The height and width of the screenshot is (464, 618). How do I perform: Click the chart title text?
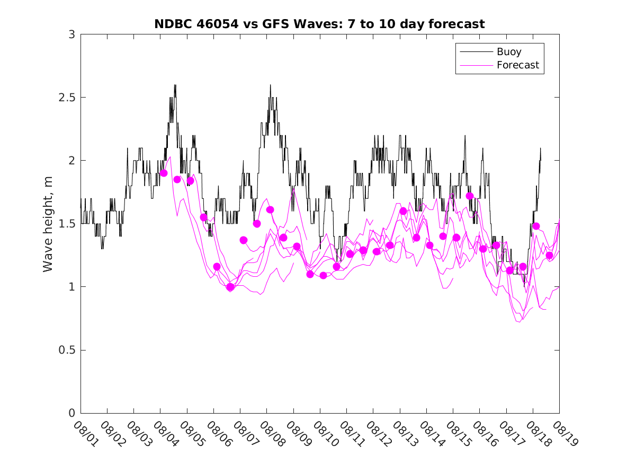(x=319, y=24)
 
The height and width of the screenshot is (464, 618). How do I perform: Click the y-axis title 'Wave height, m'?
(x=48, y=224)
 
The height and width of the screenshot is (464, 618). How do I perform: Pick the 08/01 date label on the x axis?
(x=85, y=434)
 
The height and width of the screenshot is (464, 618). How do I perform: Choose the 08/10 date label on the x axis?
(x=324, y=434)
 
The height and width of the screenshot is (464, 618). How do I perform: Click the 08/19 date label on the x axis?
(x=563, y=434)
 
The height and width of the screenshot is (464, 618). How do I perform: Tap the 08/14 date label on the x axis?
(x=431, y=434)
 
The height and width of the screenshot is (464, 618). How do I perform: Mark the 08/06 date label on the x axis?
(x=218, y=434)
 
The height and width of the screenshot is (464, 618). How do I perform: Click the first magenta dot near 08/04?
(x=164, y=173)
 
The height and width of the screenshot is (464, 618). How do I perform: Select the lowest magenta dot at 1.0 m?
(x=230, y=287)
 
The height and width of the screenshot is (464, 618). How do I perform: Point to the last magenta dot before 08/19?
(x=550, y=256)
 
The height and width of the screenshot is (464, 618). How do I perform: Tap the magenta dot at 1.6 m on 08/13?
(x=403, y=211)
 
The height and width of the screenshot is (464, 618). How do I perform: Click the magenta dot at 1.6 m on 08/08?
(x=270, y=209)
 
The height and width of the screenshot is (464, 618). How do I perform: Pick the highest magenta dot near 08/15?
(x=470, y=196)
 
